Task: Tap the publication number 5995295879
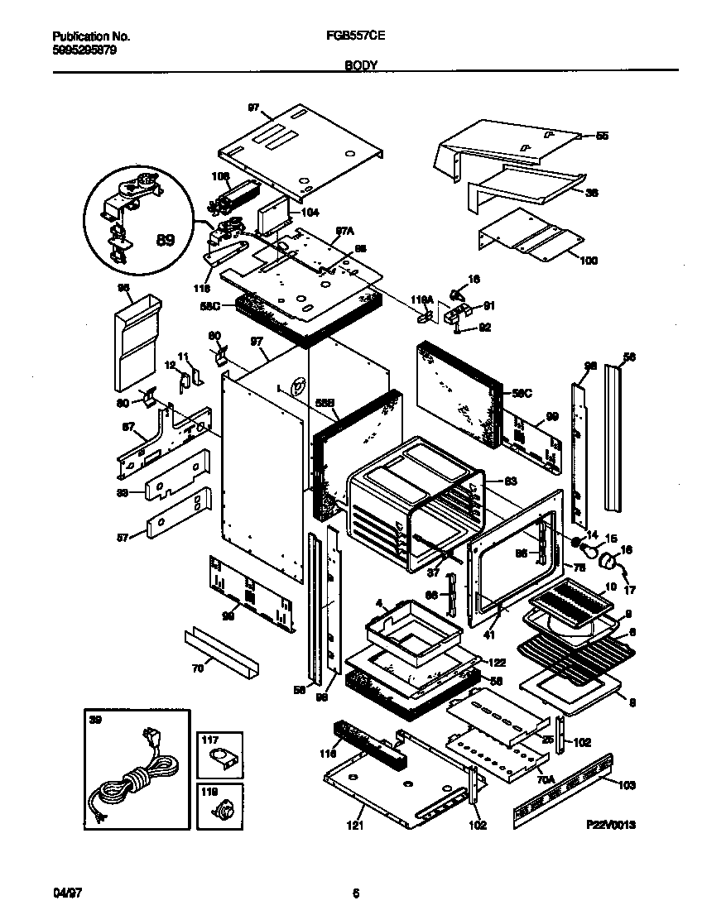pos(84,50)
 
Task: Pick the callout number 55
pos(602,135)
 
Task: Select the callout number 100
pos(589,261)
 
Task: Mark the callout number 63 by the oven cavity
pos(510,481)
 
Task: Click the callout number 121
pos(355,825)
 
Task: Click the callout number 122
pos(497,663)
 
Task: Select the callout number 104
pos(310,212)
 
